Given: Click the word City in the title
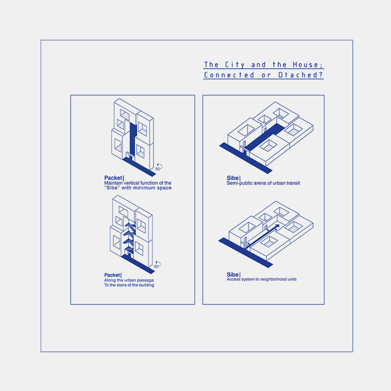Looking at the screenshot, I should click(232, 65).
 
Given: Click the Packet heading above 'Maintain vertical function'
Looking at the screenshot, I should click(113, 178).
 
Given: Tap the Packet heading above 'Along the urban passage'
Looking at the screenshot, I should click(112, 275).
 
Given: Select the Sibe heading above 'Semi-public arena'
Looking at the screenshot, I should click(233, 178).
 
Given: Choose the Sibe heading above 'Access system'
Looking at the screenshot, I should click(233, 274).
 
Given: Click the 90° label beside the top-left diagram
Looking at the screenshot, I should click(158, 169).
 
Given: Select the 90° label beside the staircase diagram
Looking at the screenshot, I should click(157, 266).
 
